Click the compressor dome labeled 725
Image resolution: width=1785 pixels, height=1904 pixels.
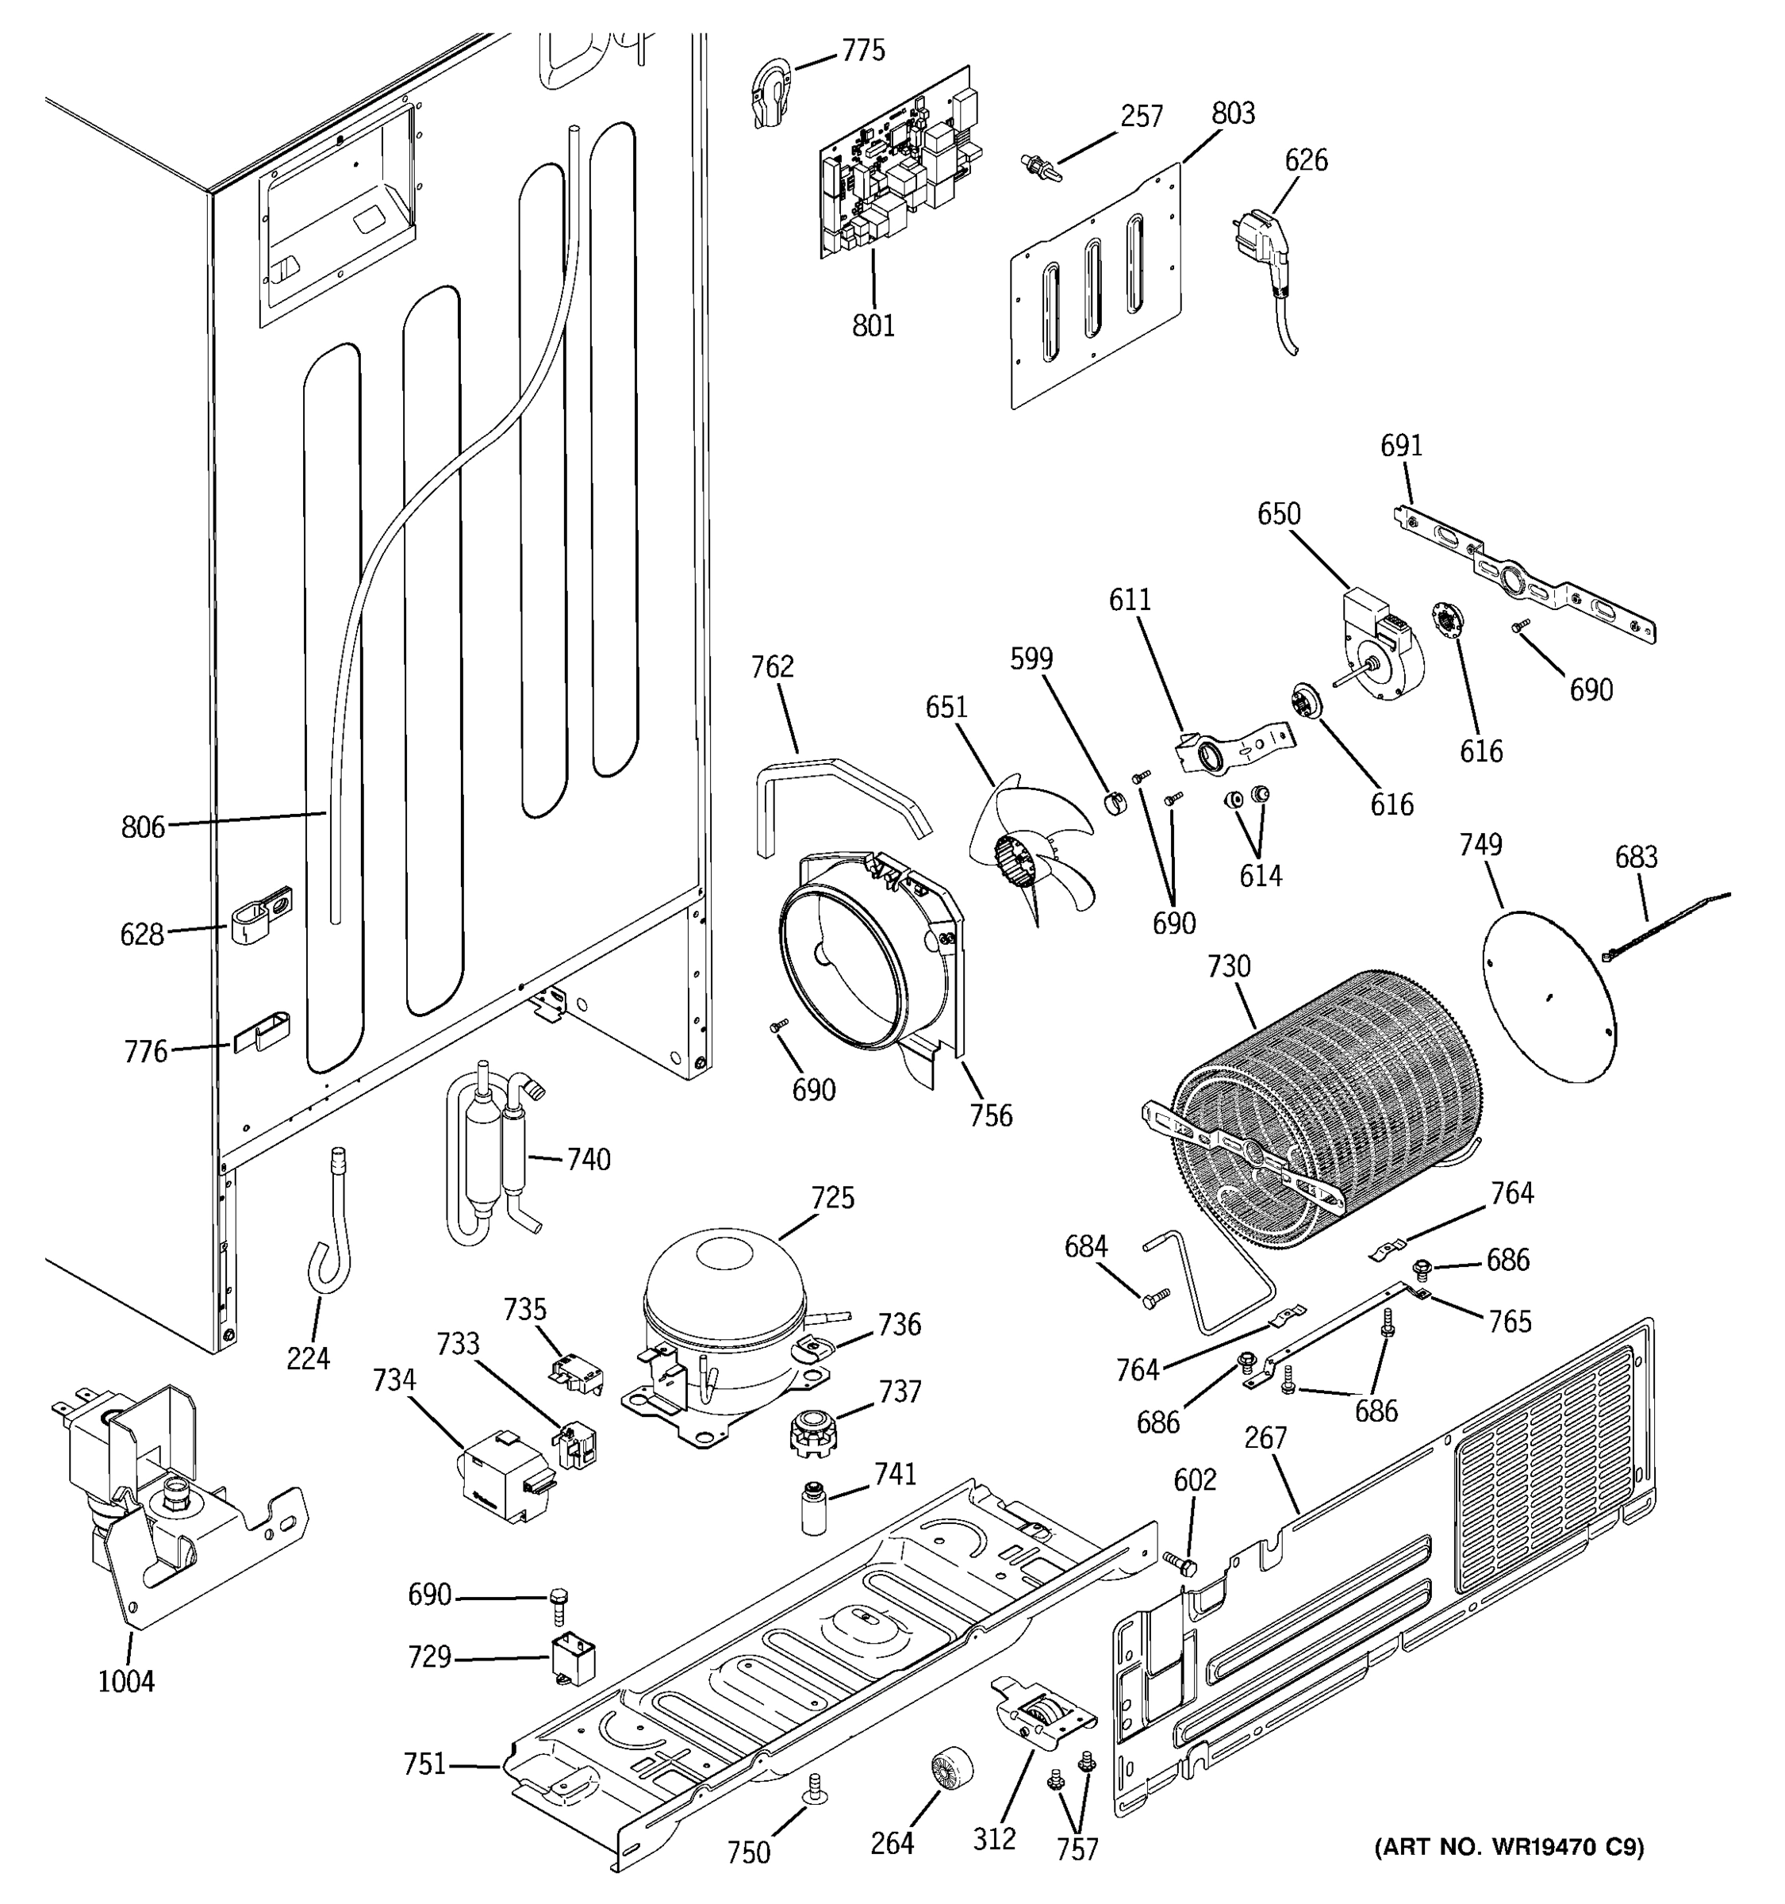[725, 1308]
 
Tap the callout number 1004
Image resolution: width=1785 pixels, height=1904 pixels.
[125, 1681]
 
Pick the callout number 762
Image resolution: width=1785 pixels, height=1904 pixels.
[772, 666]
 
